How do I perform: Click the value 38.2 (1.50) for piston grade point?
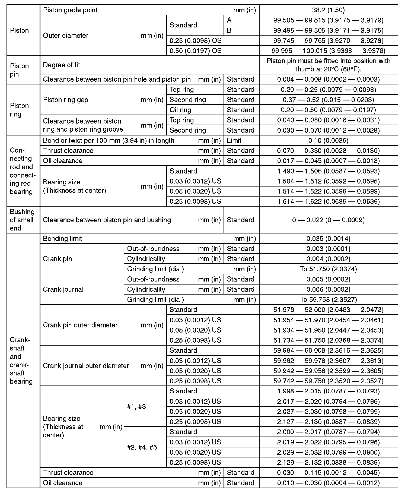328,10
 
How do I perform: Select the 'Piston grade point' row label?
70,10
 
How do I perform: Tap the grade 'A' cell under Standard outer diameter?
229,20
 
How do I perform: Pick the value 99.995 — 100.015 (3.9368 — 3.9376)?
328,51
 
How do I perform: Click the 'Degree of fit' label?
62,65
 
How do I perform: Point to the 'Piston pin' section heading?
19,70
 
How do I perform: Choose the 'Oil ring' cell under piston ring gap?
180,110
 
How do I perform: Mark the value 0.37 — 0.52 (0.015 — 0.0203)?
328,100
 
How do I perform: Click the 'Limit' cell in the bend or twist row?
234,141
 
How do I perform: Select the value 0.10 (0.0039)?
328,141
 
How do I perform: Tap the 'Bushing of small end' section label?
22,220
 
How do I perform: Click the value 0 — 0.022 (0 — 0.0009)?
328,220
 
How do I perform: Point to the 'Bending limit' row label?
62,239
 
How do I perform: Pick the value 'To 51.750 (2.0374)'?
328,269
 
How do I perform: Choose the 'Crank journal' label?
63,289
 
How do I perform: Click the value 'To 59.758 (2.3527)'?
328,300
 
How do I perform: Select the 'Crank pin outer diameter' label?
80,325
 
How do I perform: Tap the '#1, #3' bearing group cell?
136,407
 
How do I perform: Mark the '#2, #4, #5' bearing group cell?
142,447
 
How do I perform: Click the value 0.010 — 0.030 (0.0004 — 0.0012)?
328,483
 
